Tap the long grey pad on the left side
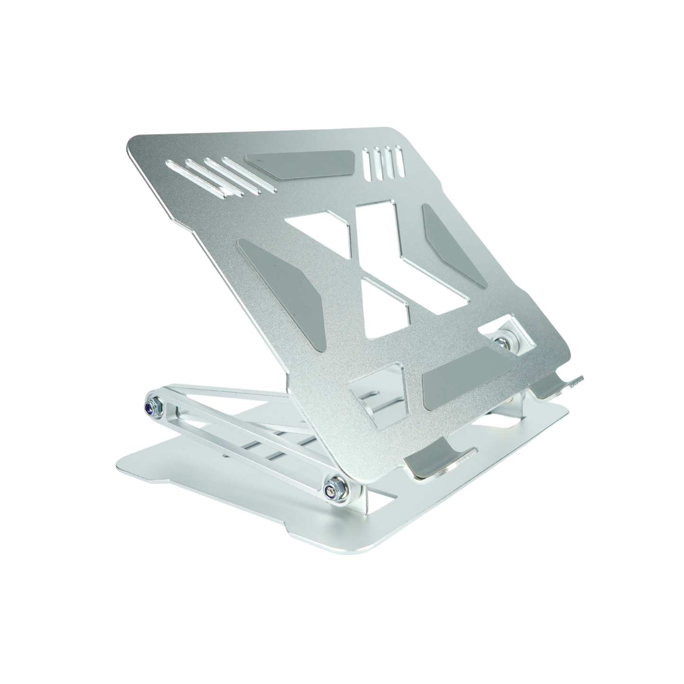click(285, 283)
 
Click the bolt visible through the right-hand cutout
click(500, 339)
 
